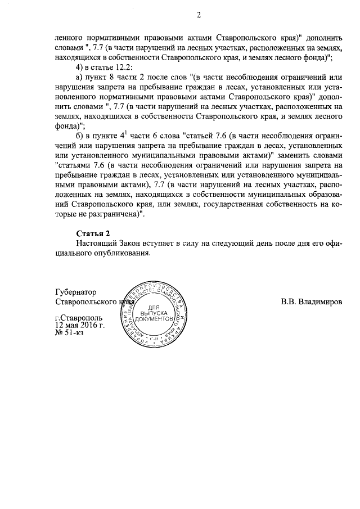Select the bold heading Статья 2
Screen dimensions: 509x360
[92, 233]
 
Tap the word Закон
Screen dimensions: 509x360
[131, 243]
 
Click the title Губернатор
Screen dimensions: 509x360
[76, 292]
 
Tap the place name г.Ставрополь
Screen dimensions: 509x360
[79, 318]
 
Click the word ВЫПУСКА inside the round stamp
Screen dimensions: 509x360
[154, 310]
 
